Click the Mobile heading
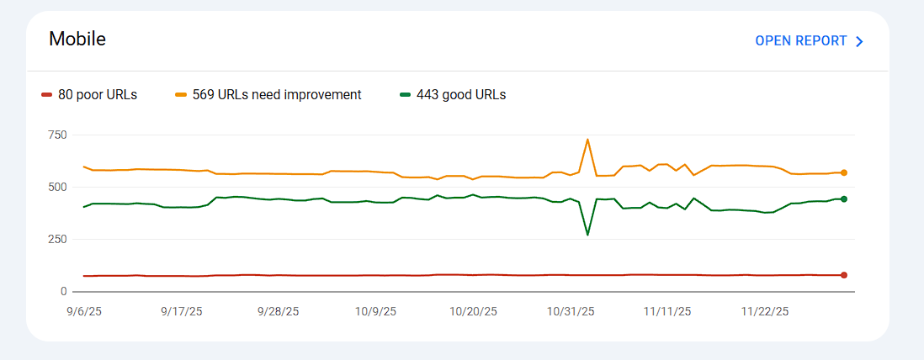click(x=77, y=40)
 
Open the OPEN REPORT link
click(x=800, y=41)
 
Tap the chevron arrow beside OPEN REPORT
click(x=859, y=41)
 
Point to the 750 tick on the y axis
click(x=57, y=135)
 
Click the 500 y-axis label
click(x=57, y=187)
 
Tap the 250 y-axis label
click(x=57, y=239)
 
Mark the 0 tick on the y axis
click(x=62, y=291)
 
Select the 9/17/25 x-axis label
click(x=181, y=311)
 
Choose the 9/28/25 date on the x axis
click(x=278, y=311)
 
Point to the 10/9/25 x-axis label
click(x=374, y=311)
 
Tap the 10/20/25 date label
click(x=473, y=311)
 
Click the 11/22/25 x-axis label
click(x=764, y=311)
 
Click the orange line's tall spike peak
click(x=587, y=140)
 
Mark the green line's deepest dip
click(x=587, y=235)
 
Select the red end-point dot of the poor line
click(x=843, y=275)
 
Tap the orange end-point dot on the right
click(x=843, y=172)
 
